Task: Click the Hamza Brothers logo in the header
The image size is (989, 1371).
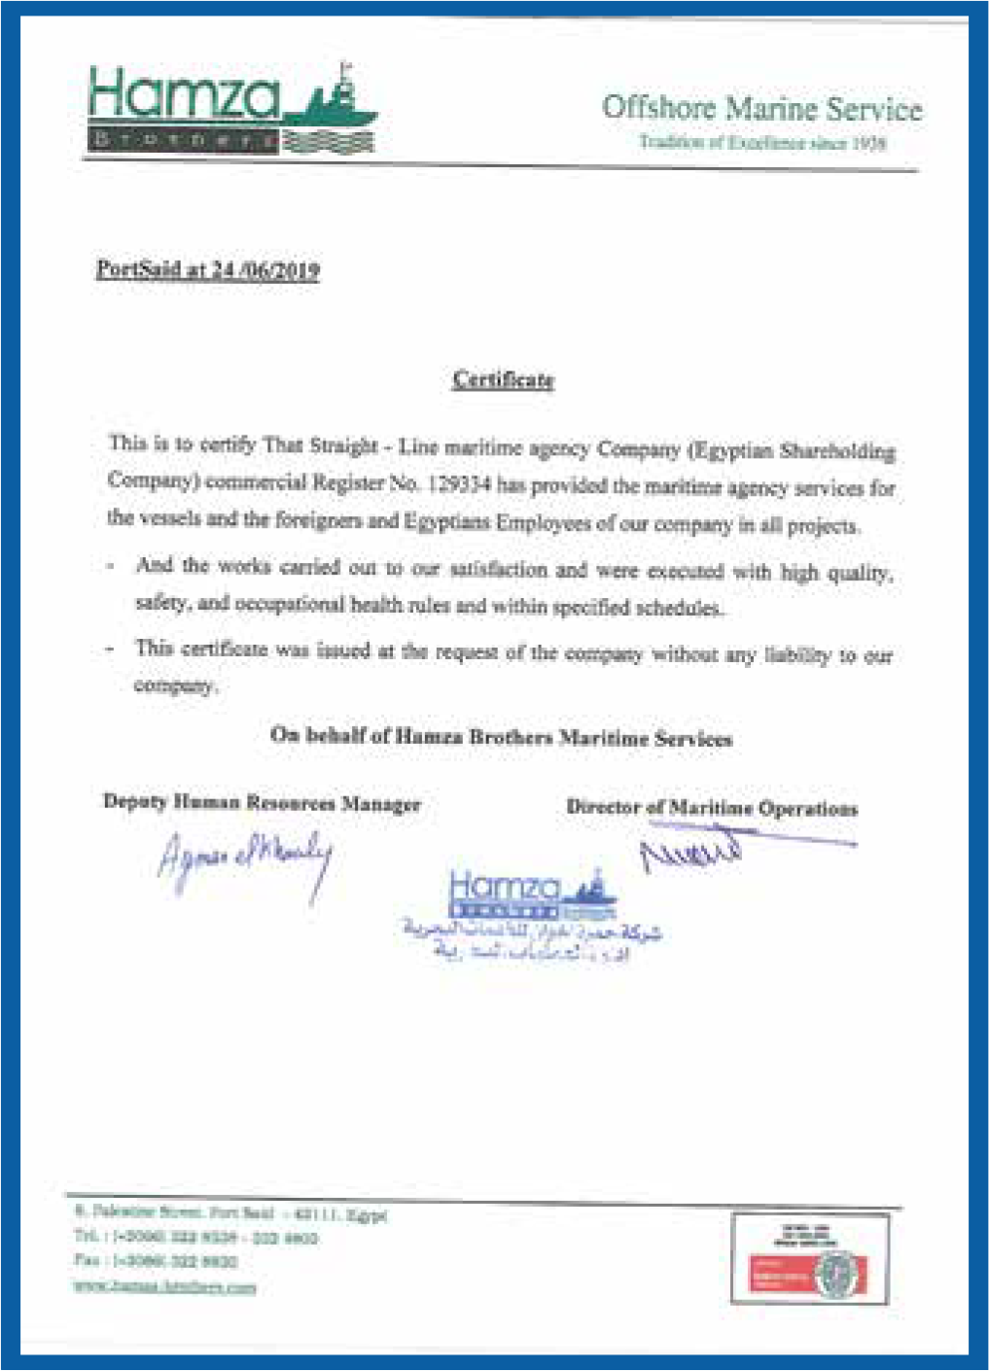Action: (231, 109)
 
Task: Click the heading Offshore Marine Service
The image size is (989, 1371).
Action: (761, 108)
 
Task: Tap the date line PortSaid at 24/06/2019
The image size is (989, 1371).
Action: (208, 269)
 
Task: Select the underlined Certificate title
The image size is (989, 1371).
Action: (503, 379)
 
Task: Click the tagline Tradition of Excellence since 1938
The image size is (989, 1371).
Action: (761, 143)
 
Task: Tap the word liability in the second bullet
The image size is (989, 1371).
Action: (796, 655)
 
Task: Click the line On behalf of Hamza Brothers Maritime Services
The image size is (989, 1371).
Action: (501, 737)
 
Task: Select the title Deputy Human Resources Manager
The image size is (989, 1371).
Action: (262, 803)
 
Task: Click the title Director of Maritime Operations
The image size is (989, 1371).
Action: (712, 808)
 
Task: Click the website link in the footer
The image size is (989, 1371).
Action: (165, 1286)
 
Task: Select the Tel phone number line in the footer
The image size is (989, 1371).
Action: (194, 1237)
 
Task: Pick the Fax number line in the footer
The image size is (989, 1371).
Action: (156, 1261)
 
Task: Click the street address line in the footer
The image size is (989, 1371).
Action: (231, 1213)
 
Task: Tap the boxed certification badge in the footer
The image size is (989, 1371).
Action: (810, 1258)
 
